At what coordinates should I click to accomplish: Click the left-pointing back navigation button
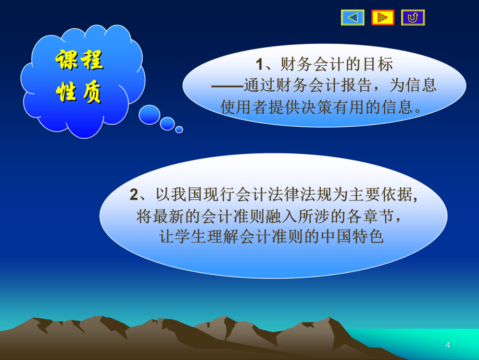coord(352,18)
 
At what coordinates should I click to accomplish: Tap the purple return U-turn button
coord(413,18)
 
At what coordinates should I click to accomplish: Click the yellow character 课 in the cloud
coord(67,62)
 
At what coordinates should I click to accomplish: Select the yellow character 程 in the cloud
coord(92,62)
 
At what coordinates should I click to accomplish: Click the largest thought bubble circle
coord(149,115)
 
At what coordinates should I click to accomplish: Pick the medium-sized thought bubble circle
coord(167,124)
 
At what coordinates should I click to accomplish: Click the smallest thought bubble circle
coord(179,129)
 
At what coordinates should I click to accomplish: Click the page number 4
coord(448,345)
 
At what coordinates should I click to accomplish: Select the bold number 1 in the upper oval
coord(260,65)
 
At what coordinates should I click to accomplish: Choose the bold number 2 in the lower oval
coord(134,195)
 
